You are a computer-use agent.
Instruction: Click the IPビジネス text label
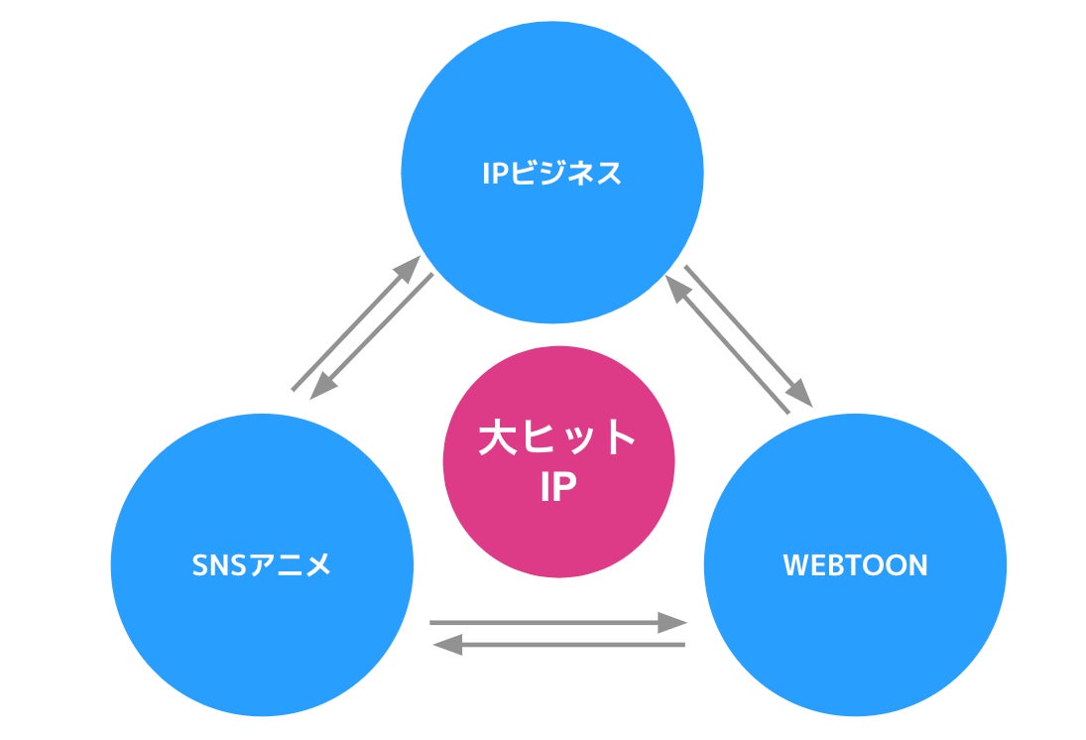coord(552,174)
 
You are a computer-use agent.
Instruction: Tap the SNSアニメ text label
coord(261,565)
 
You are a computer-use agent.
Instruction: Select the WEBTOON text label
coord(855,565)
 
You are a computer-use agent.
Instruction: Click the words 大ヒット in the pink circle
coord(557,437)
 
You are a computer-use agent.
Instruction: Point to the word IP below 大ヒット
coord(557,486)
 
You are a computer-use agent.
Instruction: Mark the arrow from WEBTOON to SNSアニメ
coord(559,646)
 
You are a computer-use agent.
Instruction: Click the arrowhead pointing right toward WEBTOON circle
coord(674,623)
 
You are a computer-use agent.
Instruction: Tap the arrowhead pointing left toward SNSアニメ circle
coord(446,646)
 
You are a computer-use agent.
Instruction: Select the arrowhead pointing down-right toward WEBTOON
coord(801,395)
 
